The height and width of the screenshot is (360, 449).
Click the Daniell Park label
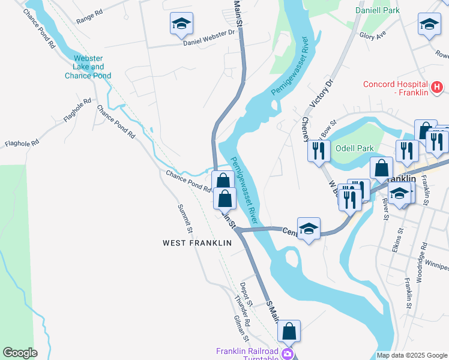pos(377,10)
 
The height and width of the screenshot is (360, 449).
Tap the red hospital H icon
pos(437,88)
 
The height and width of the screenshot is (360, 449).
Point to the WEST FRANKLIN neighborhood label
pos(197,243)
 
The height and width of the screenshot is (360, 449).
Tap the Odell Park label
pos(354,148)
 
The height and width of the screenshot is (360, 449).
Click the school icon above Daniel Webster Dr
pos(181,24)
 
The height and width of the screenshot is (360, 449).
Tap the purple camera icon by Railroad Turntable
pos(288,354)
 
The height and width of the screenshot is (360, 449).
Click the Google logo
pos(20,353)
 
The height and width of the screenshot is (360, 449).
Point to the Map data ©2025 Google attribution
pos(412,355)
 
